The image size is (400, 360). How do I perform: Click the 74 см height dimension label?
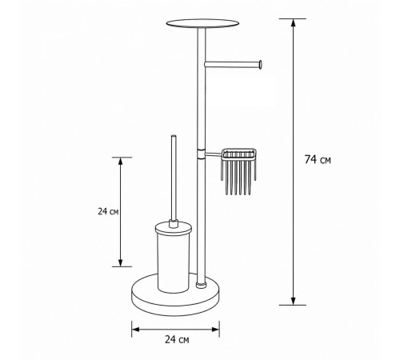pos(318,160)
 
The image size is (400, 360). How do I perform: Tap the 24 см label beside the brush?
pos(108,211)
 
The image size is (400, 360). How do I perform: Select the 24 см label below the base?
pos(177,339)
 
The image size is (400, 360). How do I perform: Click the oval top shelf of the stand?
pos(202,23)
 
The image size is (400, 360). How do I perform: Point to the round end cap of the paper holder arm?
pos(260,64)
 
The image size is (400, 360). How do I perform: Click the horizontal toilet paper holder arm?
pos(232,64)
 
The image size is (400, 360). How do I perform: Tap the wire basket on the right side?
pos(238,170)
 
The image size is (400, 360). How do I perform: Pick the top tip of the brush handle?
pos(174,136)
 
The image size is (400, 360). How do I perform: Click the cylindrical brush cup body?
pos(174,264)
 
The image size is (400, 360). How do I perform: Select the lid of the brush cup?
pos(174,228)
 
